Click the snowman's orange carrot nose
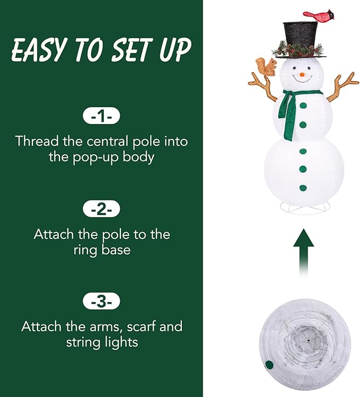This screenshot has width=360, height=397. pos(302,75)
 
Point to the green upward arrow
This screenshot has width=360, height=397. pos(303,249)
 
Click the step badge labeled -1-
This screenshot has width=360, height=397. pos(101,116)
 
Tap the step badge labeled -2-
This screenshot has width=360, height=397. pos(101,209)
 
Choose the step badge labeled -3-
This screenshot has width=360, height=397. pos(101,302)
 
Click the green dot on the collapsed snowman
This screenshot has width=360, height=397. pos(269,365)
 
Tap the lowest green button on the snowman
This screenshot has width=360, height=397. pos(303,187)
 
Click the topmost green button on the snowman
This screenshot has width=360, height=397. pos(303,105)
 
